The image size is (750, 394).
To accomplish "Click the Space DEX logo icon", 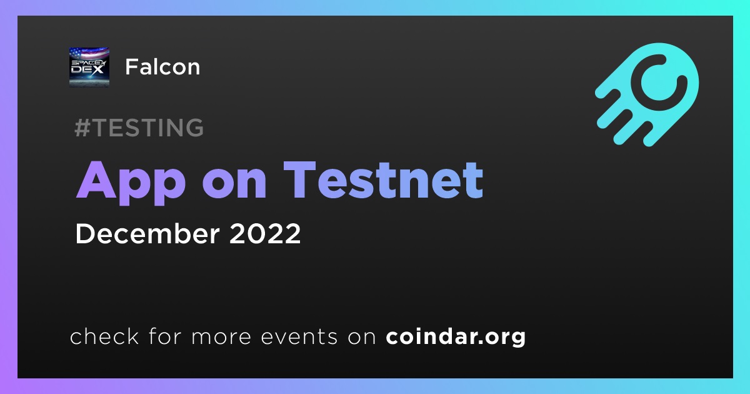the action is (x=89, y=67).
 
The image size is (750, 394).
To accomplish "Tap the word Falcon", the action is (x=162, y=67).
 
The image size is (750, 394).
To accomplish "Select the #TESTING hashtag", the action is (x=139, y=128).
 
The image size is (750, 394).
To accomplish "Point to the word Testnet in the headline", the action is (x=383, y=180).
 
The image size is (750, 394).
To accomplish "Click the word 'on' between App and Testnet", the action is (x=234, y=184).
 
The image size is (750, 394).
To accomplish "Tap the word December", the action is (x=147, y=233).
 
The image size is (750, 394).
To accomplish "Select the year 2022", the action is (x=265, y=233).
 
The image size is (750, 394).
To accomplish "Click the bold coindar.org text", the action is (x=456, y=337).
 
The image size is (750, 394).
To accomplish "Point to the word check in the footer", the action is (x=104, y=336).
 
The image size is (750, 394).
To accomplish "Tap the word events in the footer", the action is (x=299, y=337).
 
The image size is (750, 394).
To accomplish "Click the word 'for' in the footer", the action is (x=165, y=336).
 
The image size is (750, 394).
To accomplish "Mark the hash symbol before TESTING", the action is (x=82, y=128).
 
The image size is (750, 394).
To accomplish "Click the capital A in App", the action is (x=96, y=180).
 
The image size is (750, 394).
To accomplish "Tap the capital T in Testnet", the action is (x=300, y=180).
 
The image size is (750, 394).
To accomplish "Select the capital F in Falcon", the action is (x=132, y=67).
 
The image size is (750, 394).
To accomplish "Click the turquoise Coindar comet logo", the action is (x=647, y=94).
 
